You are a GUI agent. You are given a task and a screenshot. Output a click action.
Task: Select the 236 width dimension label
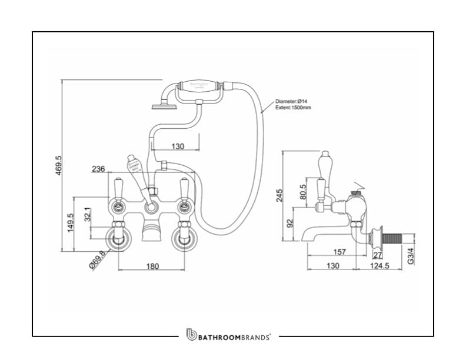click(x=98, y=169)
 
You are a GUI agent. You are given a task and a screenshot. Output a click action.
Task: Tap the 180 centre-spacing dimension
click(x=152, y=266)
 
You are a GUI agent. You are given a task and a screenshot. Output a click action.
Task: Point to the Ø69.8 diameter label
click(x=98, y=259)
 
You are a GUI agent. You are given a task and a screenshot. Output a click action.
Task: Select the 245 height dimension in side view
click(x=279, y=195)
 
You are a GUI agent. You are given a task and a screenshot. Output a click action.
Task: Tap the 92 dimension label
click(x=289, y=224)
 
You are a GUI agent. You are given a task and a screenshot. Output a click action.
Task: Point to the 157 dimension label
click(x=339, y=252)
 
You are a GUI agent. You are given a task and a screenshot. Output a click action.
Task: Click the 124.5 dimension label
click(x=380, y=266)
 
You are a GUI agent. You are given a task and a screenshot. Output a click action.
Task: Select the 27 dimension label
click(x=378, y=254)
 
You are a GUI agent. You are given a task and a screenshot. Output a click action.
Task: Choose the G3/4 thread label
click(x=411, y=256)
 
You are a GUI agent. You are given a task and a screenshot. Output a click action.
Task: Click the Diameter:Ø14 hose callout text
click(x=292, y=102)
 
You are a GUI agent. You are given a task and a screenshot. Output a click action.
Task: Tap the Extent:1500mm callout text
click(x=294, y=108)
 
